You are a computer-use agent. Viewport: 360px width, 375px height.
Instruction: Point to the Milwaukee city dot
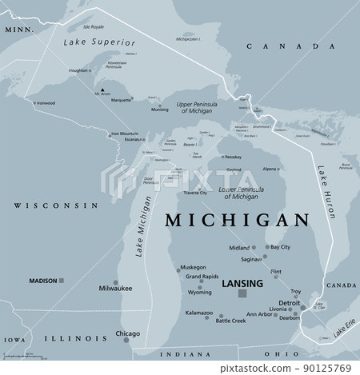pyautogui.click(x=117, y=282)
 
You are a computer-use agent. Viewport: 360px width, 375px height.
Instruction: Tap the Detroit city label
pyautogui.click(x=289, y=303)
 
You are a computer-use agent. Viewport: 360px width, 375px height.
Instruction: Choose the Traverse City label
pyautogui.click(x=192, y=193)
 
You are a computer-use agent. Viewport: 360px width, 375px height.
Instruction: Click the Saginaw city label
pyautogui.click(x=251, y=259)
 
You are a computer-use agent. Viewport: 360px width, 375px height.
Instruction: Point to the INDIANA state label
pyautogui.click(x=179, y=353)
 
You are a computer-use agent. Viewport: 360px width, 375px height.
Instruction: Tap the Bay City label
pyautogui.click(x=280, y=248)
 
